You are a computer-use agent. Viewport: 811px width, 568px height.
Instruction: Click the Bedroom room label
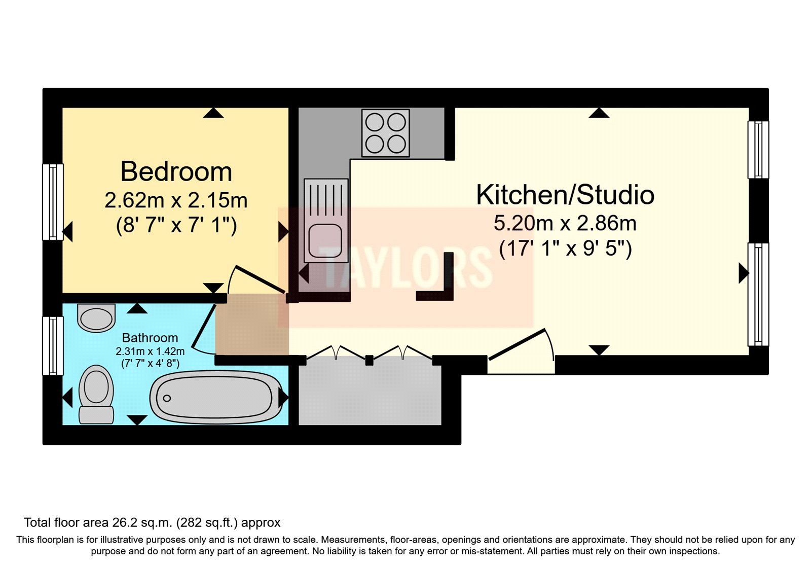pyautogui.click(x=176, y=172)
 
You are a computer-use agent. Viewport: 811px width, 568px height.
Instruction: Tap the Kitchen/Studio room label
pyautogui.click(x=565, y=195)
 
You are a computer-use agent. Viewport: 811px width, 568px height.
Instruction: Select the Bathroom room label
pyautogui.click(x=150, y=338)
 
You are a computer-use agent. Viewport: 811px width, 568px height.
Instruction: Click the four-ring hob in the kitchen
pyautogui.click(x=385, y=133)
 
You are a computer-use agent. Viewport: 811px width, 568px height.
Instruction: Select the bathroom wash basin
pyautogui.click(x=96, y=317)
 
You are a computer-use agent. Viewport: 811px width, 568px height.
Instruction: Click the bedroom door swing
pyautogui.click(x=256, y=279)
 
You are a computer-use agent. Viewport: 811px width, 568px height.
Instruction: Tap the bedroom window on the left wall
pyautogui.click(x=52, y=201)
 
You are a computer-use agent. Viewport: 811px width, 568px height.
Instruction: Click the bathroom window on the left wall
pyautogui.click(x=52, y=346)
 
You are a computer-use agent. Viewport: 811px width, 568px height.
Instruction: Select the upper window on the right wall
pyautogui.click(x=758, y=150)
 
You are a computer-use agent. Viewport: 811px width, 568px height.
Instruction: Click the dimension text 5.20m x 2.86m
pyautogui.click(x=565, y=223)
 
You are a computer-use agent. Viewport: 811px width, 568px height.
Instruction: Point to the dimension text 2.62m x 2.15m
pyautogui.click(x=176, y=200)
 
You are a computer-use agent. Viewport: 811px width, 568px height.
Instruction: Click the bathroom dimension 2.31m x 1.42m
pyautogui.click(x=150, y=351)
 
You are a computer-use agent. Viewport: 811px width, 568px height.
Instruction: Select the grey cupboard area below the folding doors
pyautogui.click(x=370, y=396)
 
